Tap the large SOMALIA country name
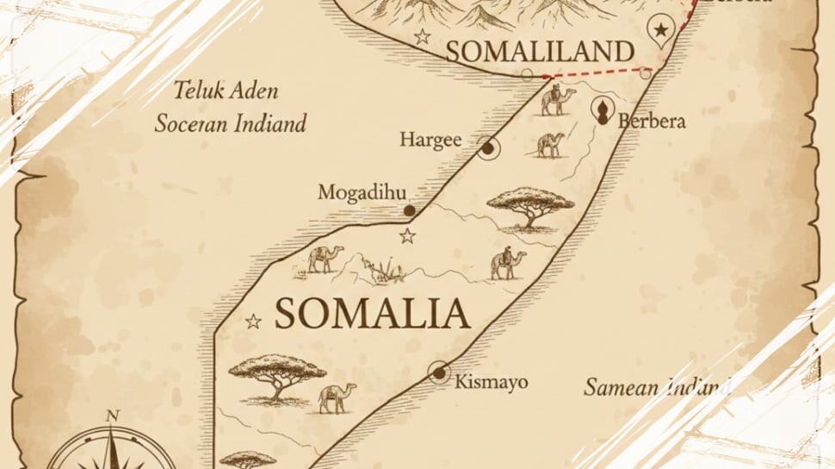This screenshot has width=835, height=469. coord(372,314)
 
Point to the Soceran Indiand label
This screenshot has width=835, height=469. coord(231,123)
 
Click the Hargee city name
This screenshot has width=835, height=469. coord(431,140)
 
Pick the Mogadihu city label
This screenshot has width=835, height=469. coord(362,191)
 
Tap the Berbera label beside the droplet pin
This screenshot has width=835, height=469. coord(652,120)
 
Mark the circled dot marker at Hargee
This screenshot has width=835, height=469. coord(488,148)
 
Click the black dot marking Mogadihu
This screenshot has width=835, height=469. coord(410,209)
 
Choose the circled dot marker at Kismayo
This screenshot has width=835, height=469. coord(440,372)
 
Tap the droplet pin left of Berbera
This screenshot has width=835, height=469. coord(604,110)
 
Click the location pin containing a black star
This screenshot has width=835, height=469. coord(660,31)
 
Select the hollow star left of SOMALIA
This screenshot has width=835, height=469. coord(253,322)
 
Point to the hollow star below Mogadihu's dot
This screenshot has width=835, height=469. coord(407,235)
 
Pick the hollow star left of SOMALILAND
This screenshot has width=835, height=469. coord(422,36)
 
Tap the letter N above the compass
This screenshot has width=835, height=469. coord(112,416)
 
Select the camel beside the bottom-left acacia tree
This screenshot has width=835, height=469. coord(337,397)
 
